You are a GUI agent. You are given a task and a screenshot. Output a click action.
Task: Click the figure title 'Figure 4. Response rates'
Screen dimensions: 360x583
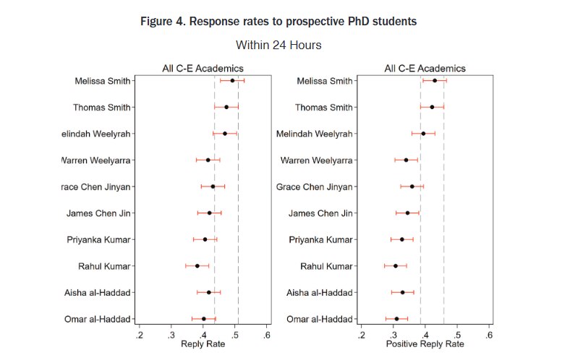pos(278,21)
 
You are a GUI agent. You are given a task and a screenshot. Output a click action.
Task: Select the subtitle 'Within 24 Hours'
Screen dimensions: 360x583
pos(278,45)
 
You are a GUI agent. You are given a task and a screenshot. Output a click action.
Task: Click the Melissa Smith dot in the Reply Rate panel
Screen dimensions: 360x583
pos(232,80)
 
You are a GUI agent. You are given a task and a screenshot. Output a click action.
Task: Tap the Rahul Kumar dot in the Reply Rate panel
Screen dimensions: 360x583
pos(197,266)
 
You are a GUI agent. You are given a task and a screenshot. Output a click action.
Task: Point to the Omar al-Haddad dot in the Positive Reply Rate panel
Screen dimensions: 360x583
pos(396,319)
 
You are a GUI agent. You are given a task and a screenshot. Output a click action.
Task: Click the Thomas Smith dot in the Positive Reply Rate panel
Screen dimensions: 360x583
pos(432,107)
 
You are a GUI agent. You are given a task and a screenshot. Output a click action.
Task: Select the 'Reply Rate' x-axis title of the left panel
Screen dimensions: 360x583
pos(203,344)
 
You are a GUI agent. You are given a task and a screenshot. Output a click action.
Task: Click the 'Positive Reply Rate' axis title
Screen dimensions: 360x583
pos(425,344)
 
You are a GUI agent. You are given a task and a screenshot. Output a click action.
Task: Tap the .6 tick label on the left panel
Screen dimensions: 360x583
pos(266,335)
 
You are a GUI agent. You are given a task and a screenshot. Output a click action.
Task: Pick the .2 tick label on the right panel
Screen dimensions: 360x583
pos(360,335)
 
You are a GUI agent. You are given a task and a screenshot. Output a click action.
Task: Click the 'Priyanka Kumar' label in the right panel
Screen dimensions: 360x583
pos(320,239)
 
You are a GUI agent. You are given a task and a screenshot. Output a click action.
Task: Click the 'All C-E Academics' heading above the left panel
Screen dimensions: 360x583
pos(203,69)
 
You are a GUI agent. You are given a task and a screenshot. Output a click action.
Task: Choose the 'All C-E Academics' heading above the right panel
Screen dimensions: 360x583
pos(425,69)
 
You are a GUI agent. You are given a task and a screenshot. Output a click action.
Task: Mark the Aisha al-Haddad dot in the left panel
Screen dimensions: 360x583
pos(209,292)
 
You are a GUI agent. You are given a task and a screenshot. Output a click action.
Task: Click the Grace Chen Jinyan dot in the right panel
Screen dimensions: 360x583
pos(412,187)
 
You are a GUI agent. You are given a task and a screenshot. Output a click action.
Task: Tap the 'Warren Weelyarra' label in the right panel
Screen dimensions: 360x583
pos(316,160)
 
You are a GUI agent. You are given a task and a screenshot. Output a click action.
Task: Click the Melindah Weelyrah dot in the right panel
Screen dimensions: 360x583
pos(423,134)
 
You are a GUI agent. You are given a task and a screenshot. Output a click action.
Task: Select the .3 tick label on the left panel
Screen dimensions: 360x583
pos(171,335)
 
